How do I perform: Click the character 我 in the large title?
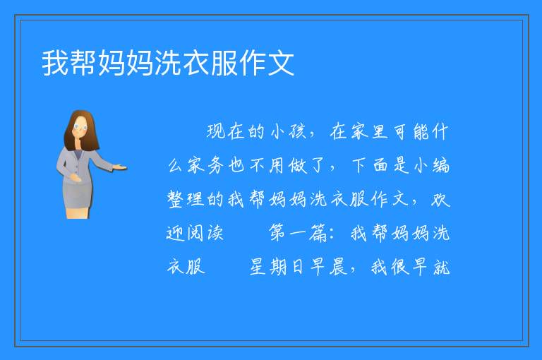[x=55, y=63]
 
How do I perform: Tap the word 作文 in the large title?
[x=266, y=63]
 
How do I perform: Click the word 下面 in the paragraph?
[x=371, y=165]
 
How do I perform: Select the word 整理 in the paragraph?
[x=186, y=199]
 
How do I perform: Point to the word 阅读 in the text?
[x=205, y=232]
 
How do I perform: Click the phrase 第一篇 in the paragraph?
[x=298, y=232]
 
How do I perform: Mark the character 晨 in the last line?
[x=339, y=266]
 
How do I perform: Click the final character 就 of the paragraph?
[x=441, y=266]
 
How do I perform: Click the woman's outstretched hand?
[x=120, y=168]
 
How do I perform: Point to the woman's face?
[x=80, y=126]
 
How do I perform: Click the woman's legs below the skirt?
[x=78, y=213]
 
